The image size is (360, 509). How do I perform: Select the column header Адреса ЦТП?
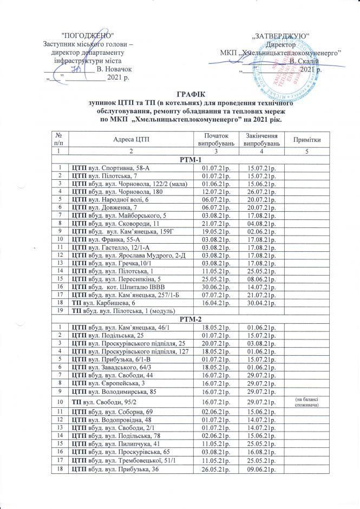pos(130,140)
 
